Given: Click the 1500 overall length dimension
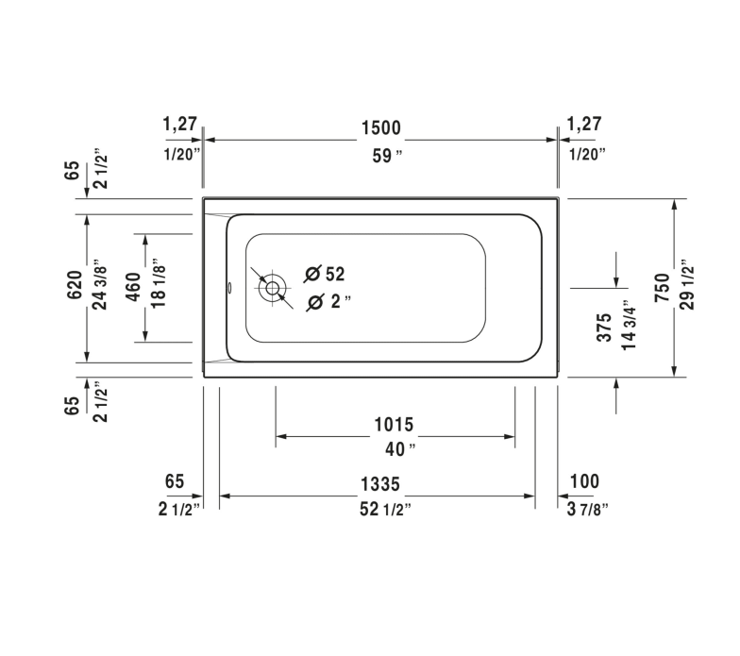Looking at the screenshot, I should tap(380, 127).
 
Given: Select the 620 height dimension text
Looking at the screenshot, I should tap(76, 287).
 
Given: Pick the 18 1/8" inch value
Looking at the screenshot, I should tap(160, 287).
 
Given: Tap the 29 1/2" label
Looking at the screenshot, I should tap(687, 287).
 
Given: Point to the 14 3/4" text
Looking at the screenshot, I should tap(631, 327).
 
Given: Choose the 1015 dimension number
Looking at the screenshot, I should tap(394, 425).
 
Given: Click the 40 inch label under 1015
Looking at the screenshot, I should tap(394, 447).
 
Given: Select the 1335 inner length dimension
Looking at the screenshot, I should tap(380, 483).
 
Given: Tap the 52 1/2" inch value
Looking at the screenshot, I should tap(381, 509).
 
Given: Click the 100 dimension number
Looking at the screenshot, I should tap(584, 481).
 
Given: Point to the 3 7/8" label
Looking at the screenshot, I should tap(587, 509).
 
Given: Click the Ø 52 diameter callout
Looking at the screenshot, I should tap(326, 275).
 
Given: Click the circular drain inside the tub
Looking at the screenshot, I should tap(273, 288).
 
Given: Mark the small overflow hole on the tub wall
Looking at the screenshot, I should tap(229, 288).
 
